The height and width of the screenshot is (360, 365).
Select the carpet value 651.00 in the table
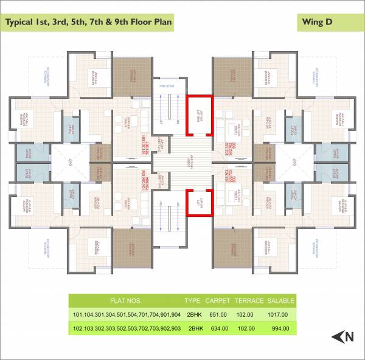217,314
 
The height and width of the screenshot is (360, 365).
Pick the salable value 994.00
280,328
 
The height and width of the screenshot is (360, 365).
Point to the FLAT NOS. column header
125,301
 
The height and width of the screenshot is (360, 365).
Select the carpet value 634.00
217,328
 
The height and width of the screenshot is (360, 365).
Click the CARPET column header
217,301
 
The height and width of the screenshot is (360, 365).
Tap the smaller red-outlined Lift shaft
199,202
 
